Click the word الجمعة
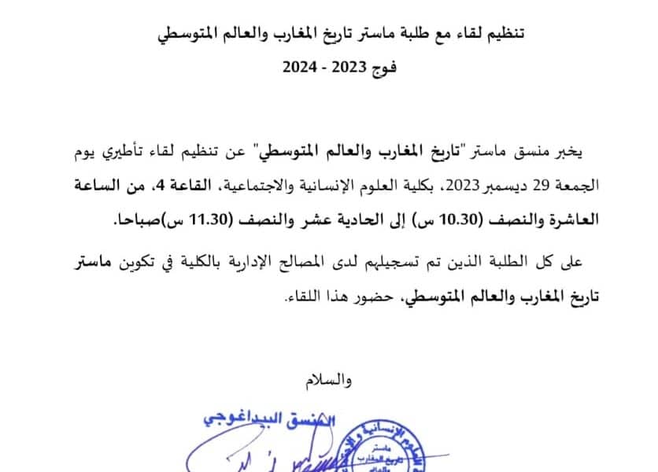click(582, 186)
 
